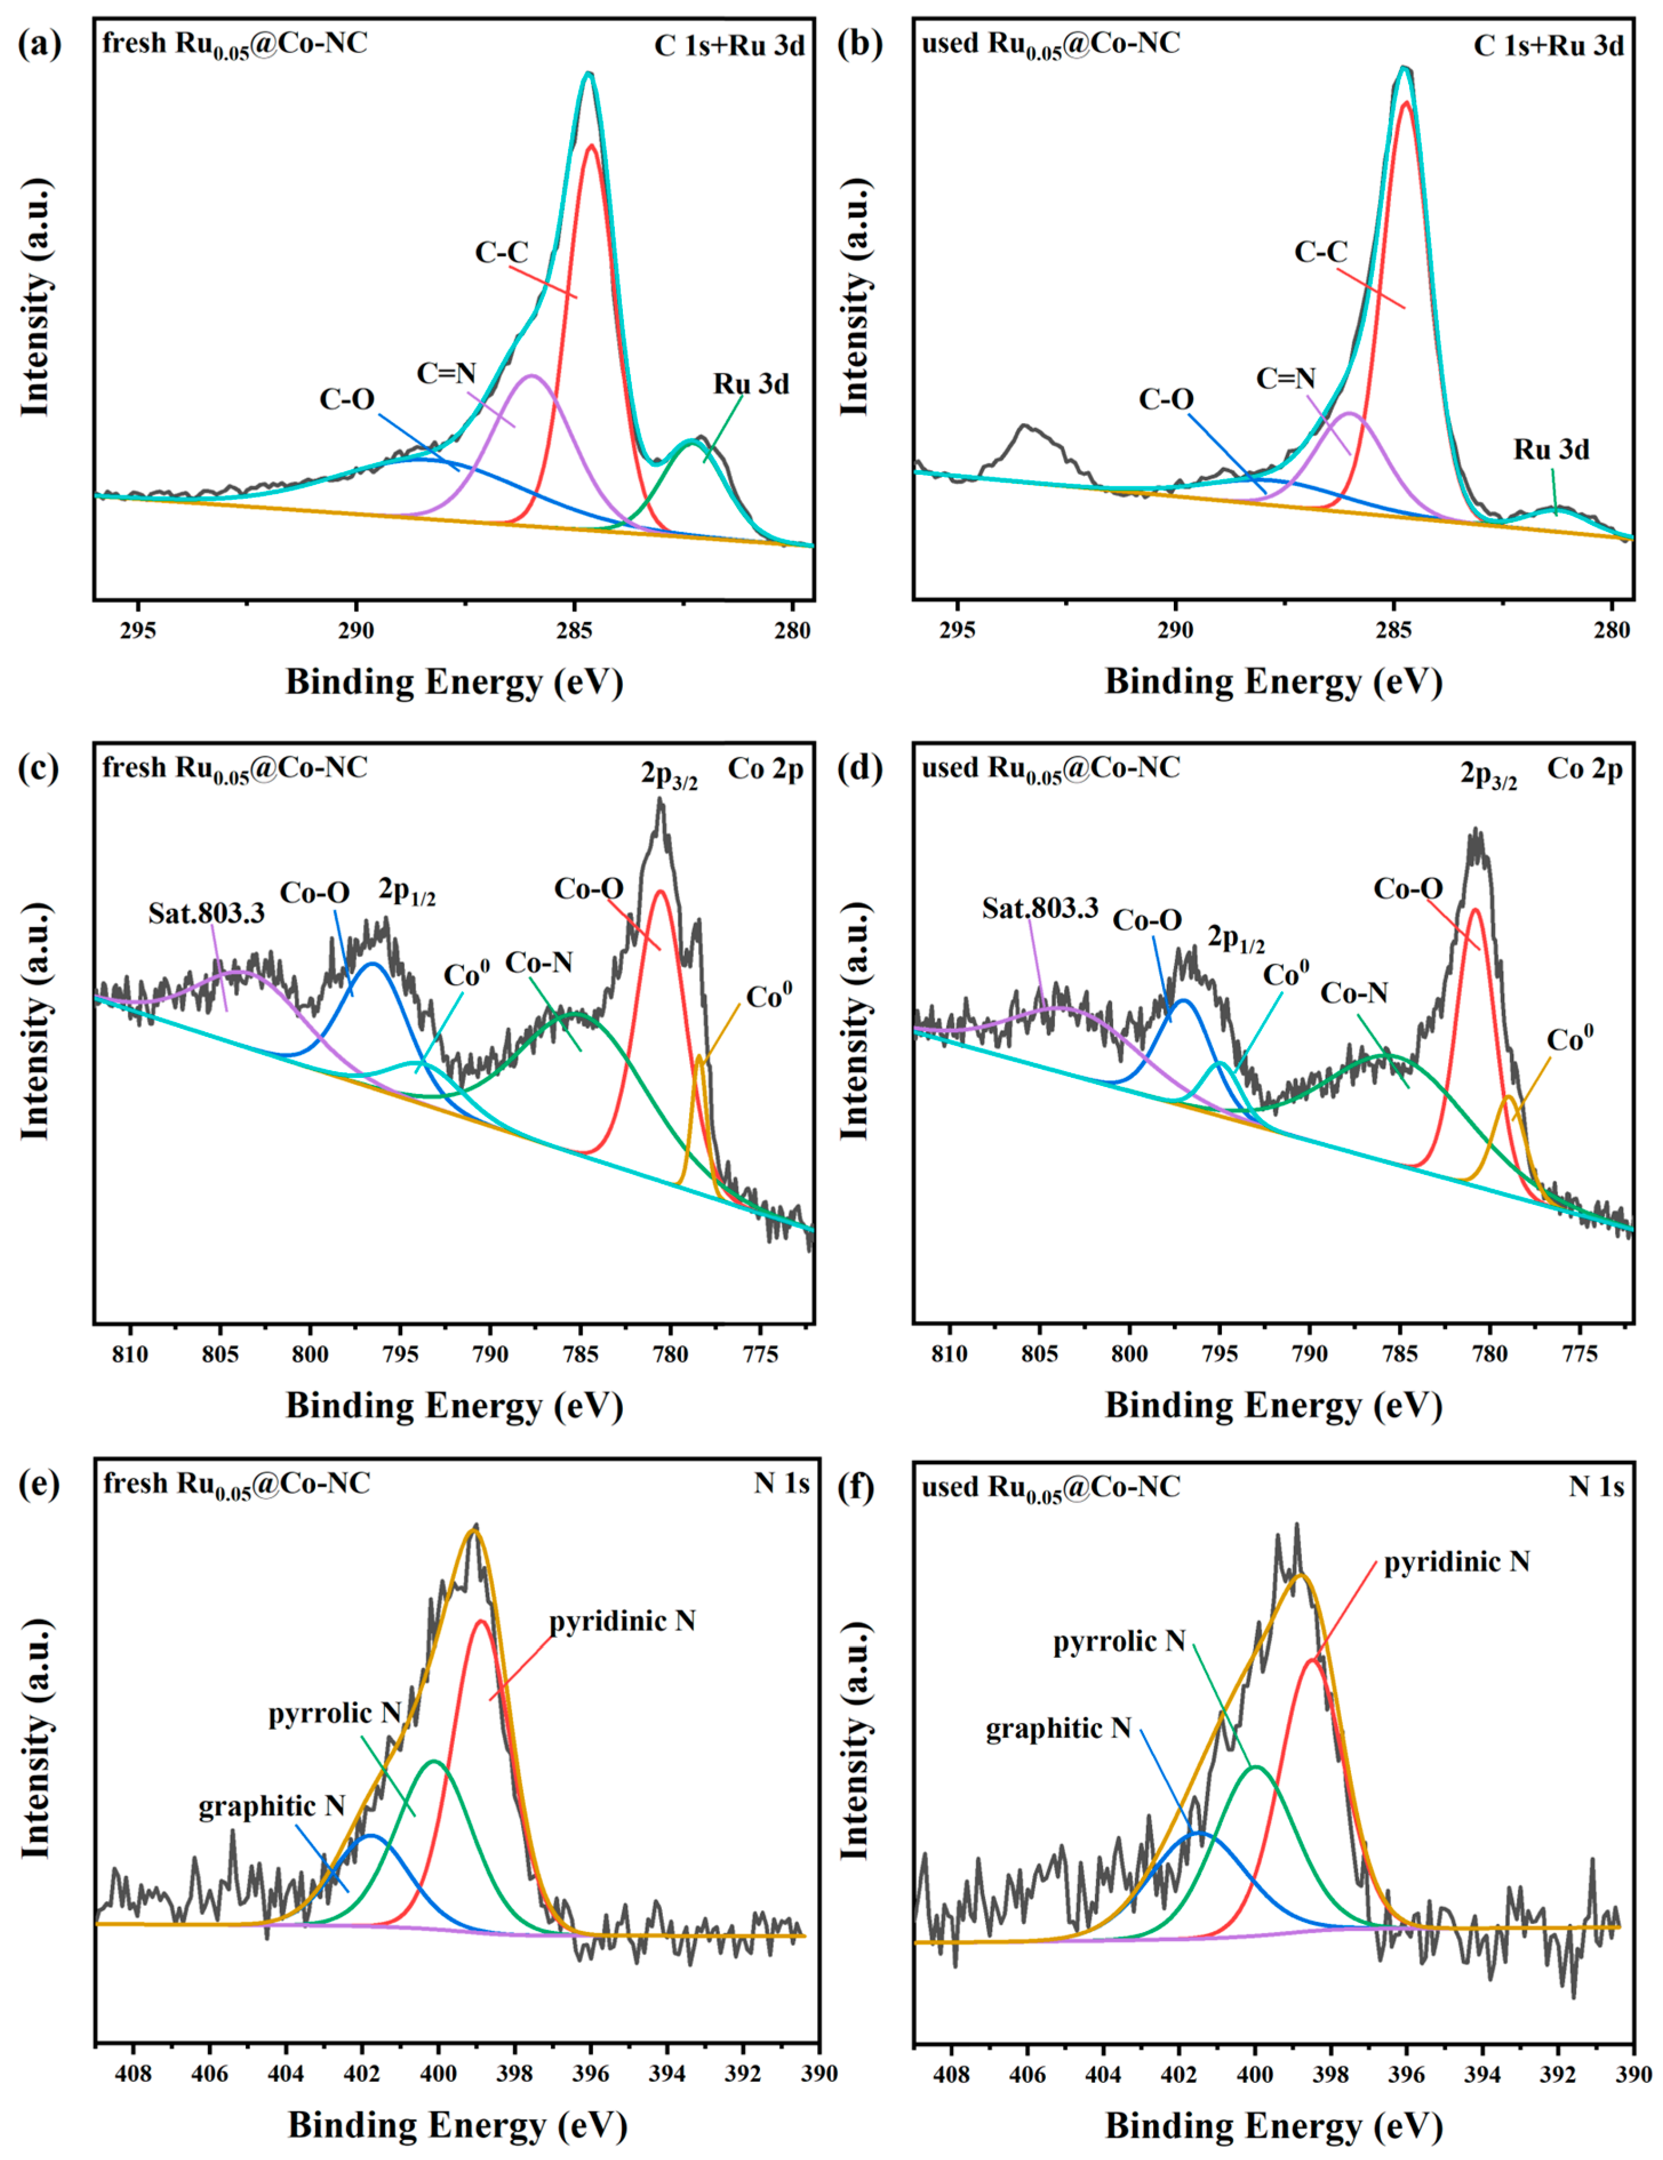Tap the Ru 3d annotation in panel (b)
click(x=1551, y=450)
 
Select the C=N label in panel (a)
click(x=446, y=373)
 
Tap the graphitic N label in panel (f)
click(x=1058, y=1728)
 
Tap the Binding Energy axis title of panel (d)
click(x=1273, y=1405)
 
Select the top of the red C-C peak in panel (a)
click(x=591, y=146)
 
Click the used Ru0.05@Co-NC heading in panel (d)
click(x=1050, y=770)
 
